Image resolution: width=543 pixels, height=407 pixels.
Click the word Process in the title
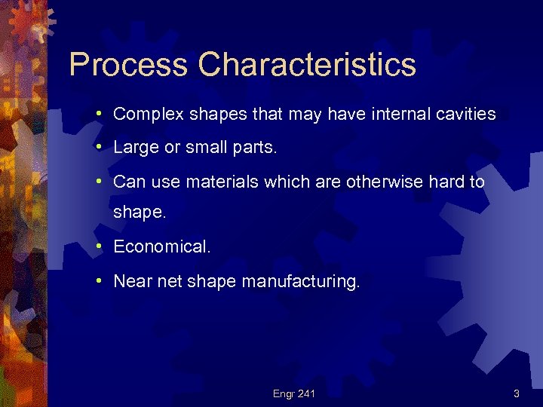point(128,65)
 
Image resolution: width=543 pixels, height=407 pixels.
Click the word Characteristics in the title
point(307,65)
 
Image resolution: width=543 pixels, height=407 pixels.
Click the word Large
point(132,148)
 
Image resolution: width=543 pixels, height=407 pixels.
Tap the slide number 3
point(516,393)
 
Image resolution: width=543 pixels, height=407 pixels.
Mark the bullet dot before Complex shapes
point(100,115)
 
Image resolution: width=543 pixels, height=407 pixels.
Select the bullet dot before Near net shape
point(100,282)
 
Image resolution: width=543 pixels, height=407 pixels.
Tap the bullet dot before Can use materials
point(100,182)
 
